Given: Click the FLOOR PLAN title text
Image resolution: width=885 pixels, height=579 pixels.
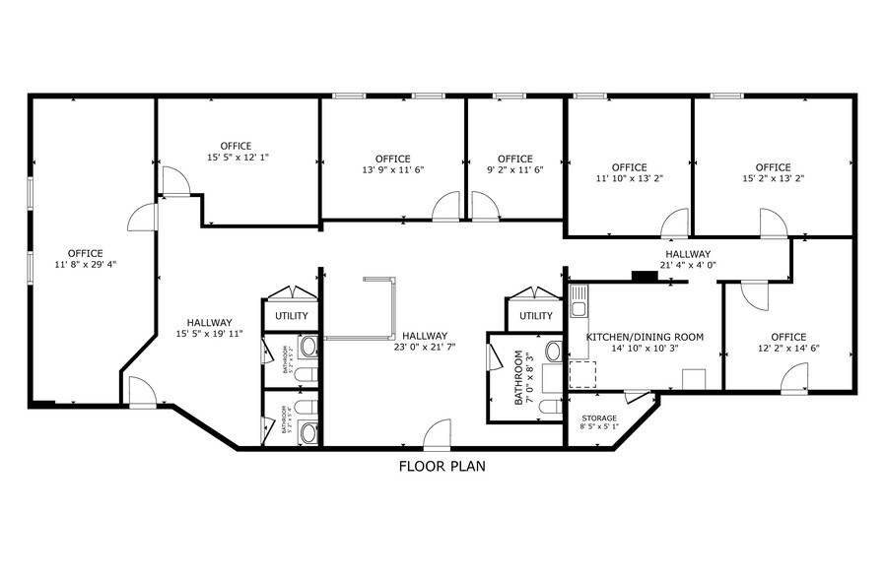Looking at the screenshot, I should (x=442, y=466).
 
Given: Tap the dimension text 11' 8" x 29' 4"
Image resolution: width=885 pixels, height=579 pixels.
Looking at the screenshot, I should (x=85, y=266).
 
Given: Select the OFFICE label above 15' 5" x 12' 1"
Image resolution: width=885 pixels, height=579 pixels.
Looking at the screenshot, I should (x=236, y=146).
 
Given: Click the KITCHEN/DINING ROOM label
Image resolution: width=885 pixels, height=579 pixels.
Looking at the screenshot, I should (x=645, y=337).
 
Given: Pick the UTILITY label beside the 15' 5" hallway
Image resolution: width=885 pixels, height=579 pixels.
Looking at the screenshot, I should (x=292, y=316).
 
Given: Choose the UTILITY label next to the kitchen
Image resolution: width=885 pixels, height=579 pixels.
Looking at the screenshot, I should (x=535, y=316).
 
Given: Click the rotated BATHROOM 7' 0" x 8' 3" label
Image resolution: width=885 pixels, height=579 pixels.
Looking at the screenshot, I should (x=521, y=379).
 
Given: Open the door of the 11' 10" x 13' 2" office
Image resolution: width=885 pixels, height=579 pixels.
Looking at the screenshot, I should (x=675, y=224).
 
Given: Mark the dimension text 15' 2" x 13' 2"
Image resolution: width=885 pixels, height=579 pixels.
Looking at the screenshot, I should (x=773, y=179).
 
